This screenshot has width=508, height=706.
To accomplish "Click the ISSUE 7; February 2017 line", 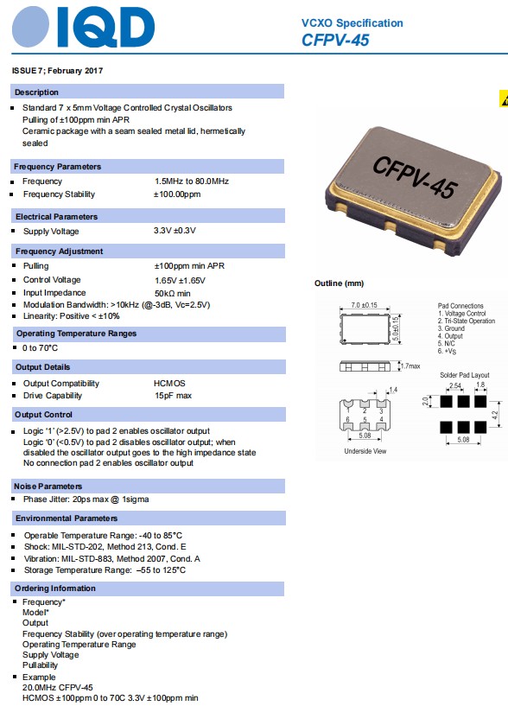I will [58, 69].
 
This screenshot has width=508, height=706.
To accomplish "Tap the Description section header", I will [37, 92].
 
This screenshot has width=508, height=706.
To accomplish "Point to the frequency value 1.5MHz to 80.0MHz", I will [191, 181].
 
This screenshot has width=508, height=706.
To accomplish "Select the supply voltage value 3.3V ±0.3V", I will [175, 231].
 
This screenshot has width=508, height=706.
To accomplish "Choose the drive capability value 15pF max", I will [173, 396].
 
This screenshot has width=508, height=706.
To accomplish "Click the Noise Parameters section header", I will [48, 487].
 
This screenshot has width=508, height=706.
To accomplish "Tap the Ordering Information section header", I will [55, 588].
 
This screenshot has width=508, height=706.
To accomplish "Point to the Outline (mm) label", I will [340, 283].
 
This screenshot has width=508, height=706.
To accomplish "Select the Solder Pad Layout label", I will [464, 375].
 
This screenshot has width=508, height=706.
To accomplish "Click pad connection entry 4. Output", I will [452, 336].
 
